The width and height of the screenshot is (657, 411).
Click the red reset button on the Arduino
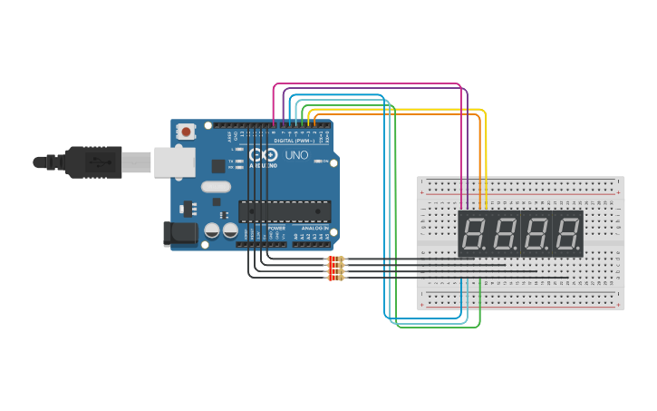pyautogui.click(x=186, y=132)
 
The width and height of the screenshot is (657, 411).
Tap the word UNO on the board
pyautogui.click(x=297, y=156)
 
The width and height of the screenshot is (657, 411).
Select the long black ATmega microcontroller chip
pyautogui.click(x=284, y=211)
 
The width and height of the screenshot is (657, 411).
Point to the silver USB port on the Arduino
pyautogui.click(x=174, y=162)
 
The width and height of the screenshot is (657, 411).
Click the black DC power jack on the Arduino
pyautogui.click(x=180, y=234)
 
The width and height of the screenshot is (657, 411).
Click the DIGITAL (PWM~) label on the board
pyautogui.click(x=294, y=142)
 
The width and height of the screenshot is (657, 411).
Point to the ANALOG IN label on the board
pyautogui.click(x=314, y=228)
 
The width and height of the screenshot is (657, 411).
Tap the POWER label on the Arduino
pyautogui.click(x=276, y=228)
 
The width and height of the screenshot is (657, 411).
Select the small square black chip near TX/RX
pyautogui.click(x=218, y=166)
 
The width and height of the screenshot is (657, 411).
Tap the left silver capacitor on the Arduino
pyautogui.click(x=212, y=230)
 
